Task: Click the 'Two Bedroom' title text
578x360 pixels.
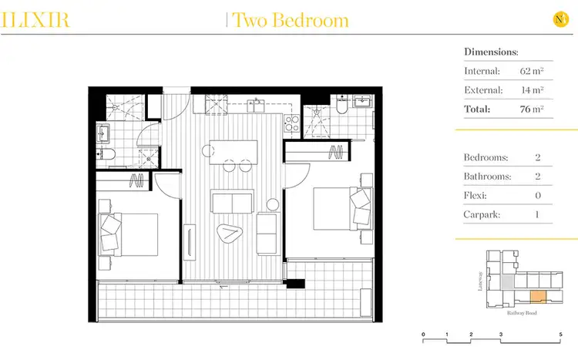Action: [x=289, y=20]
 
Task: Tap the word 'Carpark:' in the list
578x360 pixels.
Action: [x=482, y=213]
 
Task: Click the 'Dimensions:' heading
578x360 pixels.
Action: [x=491, y=52]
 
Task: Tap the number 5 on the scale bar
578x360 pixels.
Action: [x=561, y=335]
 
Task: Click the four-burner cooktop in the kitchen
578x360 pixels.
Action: [x=291, y=123]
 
